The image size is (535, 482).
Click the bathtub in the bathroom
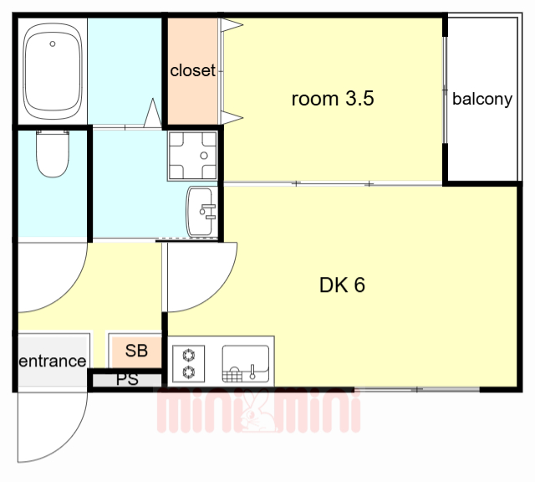point(53,71)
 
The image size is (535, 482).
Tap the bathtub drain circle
point(53,44)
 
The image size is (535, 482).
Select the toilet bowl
point(53,154)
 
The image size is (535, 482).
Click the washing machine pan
point(193,156)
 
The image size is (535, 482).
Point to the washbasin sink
point(201,212)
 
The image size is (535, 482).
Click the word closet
point(193,70)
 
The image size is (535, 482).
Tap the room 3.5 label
point(333,99)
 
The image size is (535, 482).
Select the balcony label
point(482,99)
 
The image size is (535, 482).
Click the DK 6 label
point(342,285)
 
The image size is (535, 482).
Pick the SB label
point(136,351)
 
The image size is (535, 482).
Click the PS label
point(127,380)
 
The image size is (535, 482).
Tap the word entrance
point(52,361)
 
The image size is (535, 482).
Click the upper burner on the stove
point(189,356)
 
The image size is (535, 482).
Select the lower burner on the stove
point(189,372)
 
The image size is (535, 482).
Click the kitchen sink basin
point(246,363)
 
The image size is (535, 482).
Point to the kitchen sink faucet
point(252,372)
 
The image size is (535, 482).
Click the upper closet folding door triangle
point(232,25)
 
